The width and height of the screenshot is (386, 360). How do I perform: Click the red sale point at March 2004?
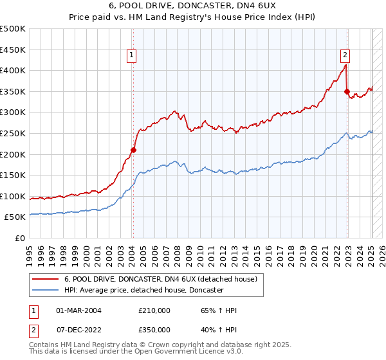tap(134, 150)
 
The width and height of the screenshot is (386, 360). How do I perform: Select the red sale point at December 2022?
tap(347, 91)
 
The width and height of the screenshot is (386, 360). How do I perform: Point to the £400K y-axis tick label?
tap(13, 70)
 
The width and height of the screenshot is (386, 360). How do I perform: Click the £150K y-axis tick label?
tap(13, 175)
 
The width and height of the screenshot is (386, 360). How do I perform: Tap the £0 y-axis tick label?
tap(20, 238)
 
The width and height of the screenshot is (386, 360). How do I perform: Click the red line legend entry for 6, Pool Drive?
tap(161, 279)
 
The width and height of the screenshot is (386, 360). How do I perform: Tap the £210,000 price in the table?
tap(154, 310)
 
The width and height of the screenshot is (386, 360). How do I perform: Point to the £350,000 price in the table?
tap(154, 328)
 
